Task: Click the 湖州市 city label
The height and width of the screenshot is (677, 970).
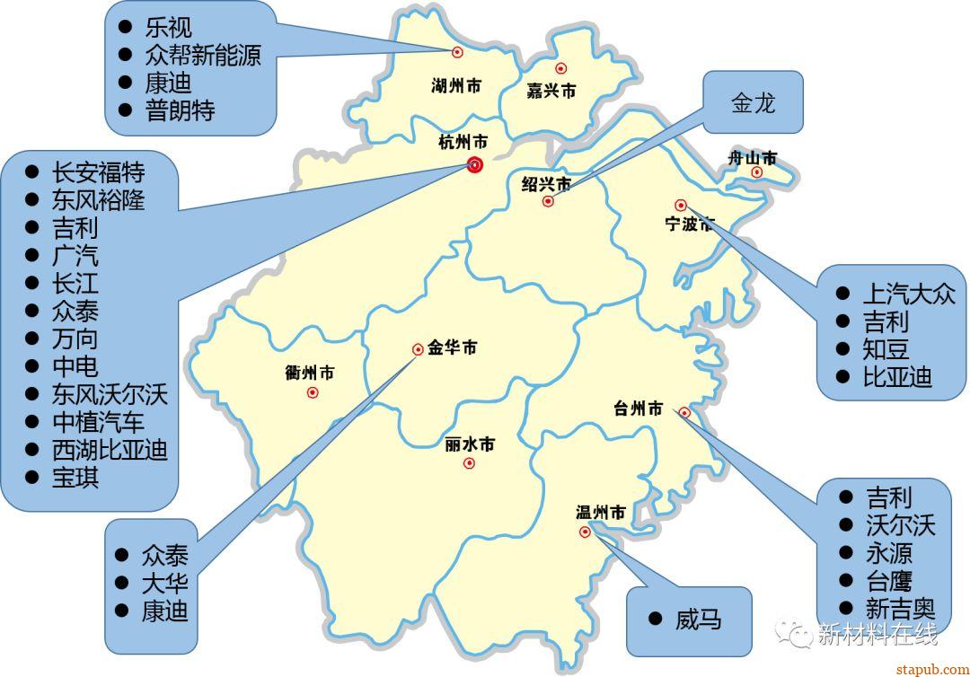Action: (455, 86)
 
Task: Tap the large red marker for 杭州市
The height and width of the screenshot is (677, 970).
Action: (475, 164)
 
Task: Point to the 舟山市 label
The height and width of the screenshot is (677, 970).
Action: (752, 159)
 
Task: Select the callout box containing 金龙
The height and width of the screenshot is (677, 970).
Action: (753, 102)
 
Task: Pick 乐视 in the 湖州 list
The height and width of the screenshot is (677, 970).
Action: (168, 27)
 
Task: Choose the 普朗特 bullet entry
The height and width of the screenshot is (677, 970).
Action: (180, 110)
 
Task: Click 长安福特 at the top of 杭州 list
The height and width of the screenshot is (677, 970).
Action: (98, 171)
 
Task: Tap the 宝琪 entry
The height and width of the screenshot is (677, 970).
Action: (75, 477)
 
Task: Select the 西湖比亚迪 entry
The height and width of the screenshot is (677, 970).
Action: (110, 449)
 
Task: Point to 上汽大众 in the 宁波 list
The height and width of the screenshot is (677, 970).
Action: (908, 294)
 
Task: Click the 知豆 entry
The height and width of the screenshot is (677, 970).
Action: (886, 349)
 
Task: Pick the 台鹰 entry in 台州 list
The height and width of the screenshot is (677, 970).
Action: (888, 580)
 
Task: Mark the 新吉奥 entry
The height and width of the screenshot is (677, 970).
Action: (900, 608)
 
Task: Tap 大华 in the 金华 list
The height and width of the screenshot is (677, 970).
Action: (164, 583)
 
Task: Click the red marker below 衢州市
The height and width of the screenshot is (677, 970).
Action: (313, 392)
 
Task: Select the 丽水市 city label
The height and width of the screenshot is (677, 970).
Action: (469, 444)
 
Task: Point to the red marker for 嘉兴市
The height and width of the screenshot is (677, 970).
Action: (561, 68)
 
